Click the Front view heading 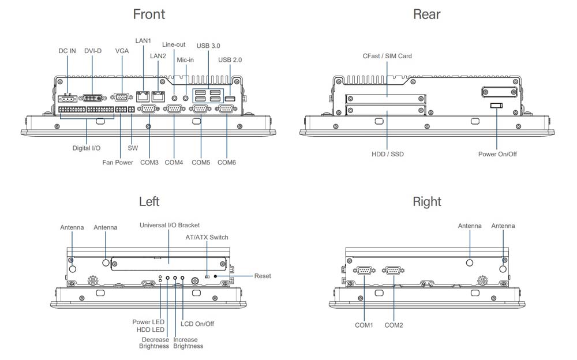point(148,14)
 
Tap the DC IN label point(68,51)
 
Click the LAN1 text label point(143,40)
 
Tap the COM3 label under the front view point(149,163)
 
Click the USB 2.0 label point(230,60)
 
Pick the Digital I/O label point(87,148)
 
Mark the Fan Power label point(118,163)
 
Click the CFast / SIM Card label point(387,56)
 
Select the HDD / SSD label point(387,155)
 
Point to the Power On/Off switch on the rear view point(497,106)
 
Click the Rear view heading point(427,14)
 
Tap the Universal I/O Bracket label point(170,225)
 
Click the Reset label point(263,276)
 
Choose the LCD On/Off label point(197,324)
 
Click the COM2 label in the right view point(394,325)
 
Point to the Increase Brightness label point(188,343)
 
